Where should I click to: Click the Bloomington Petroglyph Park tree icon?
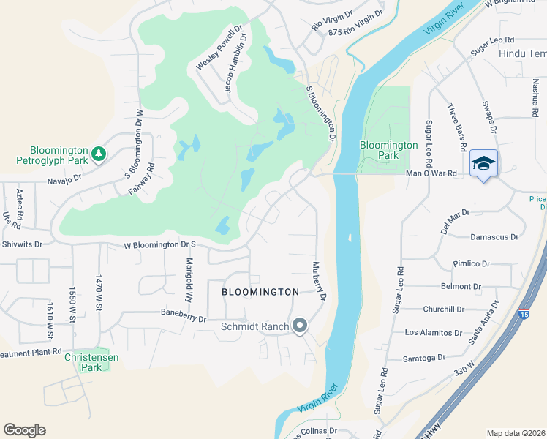98,154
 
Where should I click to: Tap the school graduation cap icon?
483,162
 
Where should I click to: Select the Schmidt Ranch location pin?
299,326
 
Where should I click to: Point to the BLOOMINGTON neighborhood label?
260,292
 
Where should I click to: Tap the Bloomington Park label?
389,151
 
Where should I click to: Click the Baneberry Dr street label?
188,312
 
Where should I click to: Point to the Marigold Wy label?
189,279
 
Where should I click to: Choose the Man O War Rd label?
431,173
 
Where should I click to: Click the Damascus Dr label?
494,237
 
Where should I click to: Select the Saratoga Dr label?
425,358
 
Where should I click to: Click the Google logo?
24,429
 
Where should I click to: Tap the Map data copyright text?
516,433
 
